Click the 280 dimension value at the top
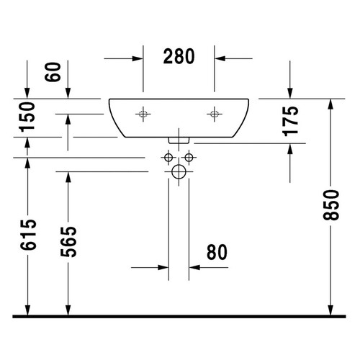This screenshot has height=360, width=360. point(179,57)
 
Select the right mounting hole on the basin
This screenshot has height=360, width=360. point(214,114)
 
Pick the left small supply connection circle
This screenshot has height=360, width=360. point(168,157)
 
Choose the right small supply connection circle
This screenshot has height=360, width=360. point(190,157)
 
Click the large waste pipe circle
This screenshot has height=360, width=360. point(179,171)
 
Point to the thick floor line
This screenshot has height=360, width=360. point(180,315)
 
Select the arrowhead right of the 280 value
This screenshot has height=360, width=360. point(221,58)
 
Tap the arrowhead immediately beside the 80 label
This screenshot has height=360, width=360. point(195,268)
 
